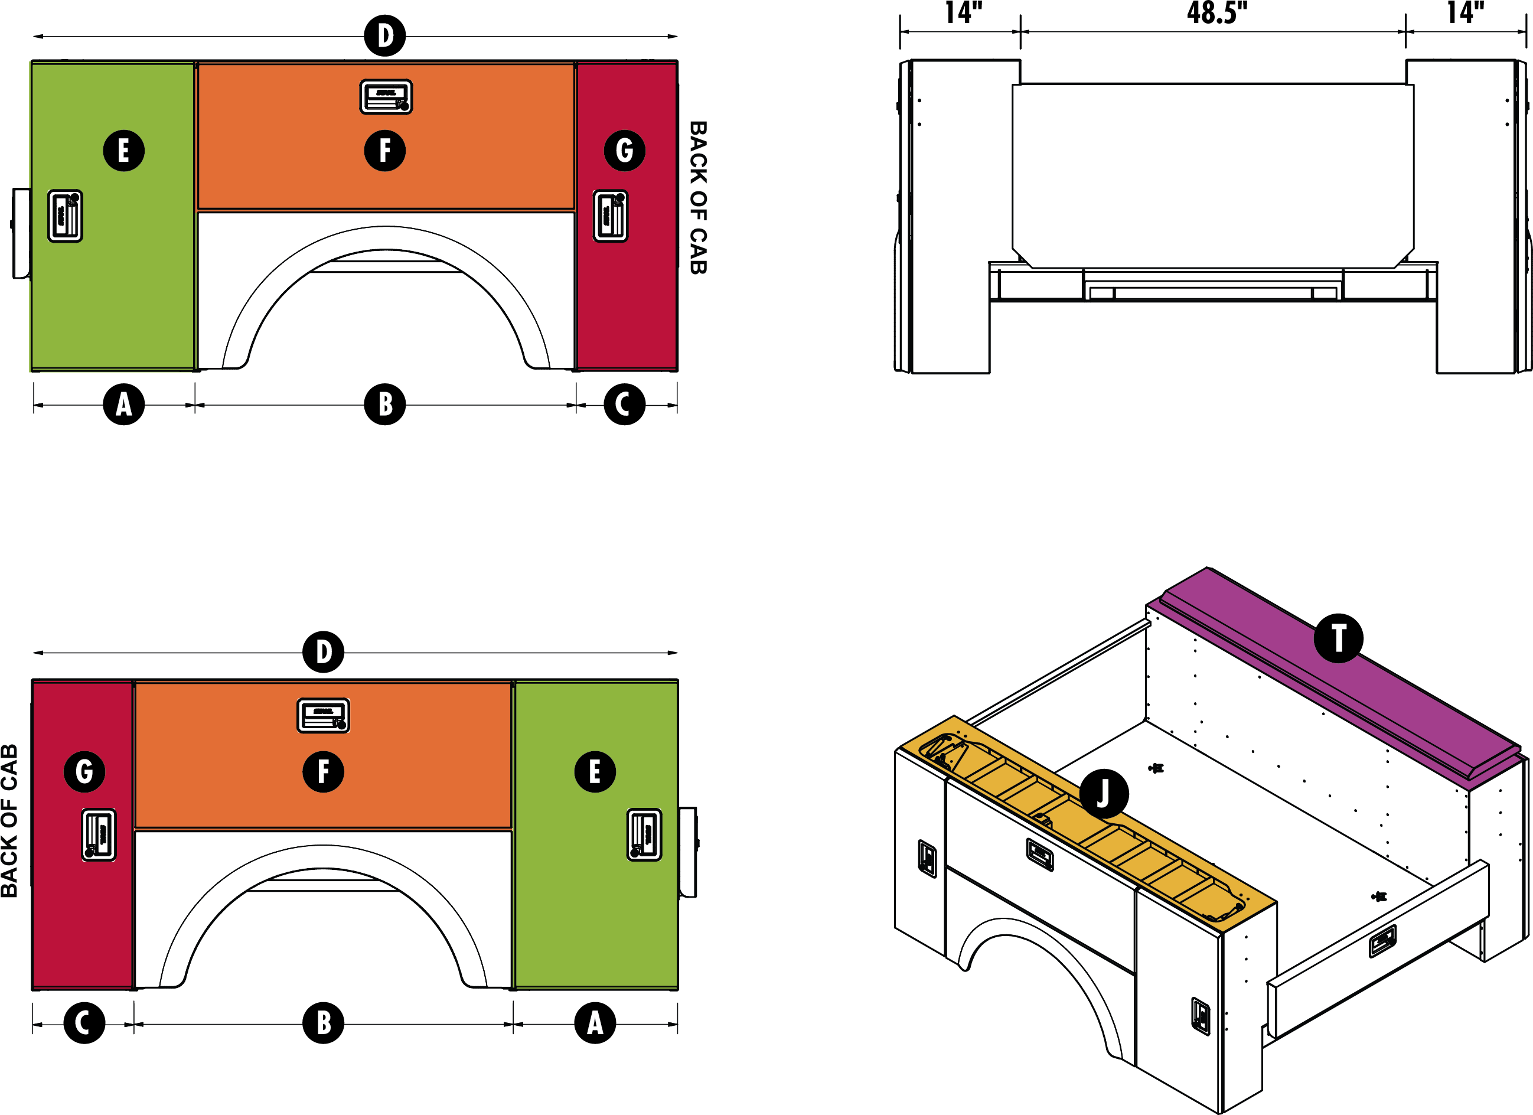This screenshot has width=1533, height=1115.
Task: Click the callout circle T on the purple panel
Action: (x=1338, y=638)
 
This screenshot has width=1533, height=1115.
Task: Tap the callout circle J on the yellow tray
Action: (x=1103, y=794)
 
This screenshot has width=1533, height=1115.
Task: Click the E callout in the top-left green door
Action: (x=123, y=150)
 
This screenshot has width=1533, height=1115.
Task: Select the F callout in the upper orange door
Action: (x=384, y=150)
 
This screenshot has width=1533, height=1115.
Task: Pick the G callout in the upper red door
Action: (x=624, y=150)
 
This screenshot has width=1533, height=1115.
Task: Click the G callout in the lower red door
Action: (x=84, y=771)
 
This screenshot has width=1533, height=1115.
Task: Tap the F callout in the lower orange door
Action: (x=323, y=771)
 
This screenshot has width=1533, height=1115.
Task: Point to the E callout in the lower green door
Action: (x=595, y=771)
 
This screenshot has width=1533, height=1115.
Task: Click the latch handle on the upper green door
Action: (x=66, y=216)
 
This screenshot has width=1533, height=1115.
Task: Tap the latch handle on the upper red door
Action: (x=611, y=216)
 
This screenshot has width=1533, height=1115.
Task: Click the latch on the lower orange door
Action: (x=324, y=715)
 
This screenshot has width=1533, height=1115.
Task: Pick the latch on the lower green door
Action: (x=644, y=834)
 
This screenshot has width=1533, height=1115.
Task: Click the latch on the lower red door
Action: (x=99, y=834)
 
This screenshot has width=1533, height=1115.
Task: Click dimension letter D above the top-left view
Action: (x=385, y=36)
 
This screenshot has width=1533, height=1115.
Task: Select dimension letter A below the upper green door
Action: (x=123, y=405)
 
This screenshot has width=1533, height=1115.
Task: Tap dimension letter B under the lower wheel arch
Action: (x=324, y=1023)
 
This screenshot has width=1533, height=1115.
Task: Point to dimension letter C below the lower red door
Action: (x=81, y=1023)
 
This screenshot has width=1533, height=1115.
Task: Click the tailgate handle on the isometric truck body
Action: (x=1382, y=941)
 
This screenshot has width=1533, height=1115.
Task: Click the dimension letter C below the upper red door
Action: (x=622, y=405)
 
